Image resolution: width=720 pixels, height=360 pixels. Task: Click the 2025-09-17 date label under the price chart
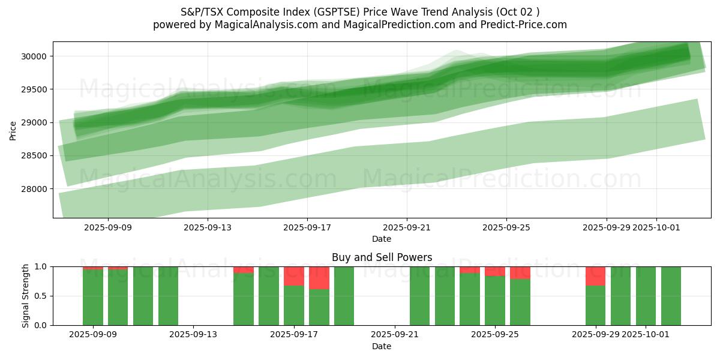pos(307,227)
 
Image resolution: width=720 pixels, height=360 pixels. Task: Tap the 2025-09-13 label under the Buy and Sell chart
pos(193,335)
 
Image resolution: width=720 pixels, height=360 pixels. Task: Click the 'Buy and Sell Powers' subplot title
pos(382,257)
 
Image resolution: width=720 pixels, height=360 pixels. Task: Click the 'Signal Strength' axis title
pos(25,296)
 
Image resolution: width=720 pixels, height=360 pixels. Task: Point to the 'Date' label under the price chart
pos(382,239)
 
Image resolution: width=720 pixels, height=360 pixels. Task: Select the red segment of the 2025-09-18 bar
pos(319,277)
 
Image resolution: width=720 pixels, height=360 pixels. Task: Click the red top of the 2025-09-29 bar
pos(595,275)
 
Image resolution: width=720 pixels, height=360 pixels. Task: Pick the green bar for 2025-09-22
pos(419,296)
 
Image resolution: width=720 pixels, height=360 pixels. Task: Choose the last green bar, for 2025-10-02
pos(671,296)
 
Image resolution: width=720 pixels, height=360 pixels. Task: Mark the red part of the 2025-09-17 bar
pos(294,275)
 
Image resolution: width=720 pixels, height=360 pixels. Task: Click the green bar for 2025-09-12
pos(168,296)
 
